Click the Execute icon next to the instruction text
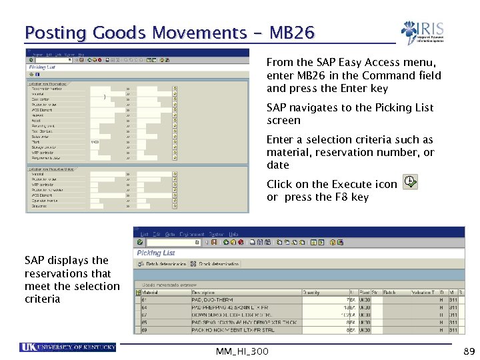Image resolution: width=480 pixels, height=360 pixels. (x=411, y=183)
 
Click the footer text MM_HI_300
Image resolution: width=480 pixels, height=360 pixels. (x=242, y=351)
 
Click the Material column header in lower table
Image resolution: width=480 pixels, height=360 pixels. (x=151, y=292)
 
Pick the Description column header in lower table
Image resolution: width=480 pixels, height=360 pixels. (x=204, y=292)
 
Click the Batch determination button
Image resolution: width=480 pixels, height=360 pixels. (x=162, y=264)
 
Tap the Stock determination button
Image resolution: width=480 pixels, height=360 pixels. (x=215, y=264)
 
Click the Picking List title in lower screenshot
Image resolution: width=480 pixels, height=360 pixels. (x=155, y=253)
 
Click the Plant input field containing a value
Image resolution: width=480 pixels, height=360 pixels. (x=100, y=142)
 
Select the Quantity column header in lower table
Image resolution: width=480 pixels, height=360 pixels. (x=311, y=292)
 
